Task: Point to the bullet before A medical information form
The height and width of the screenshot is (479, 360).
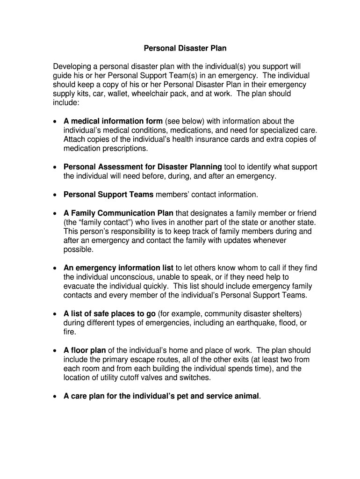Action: pyautogui.click(x=55, y=122)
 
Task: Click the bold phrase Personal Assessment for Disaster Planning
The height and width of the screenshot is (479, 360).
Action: pyautogui.click(x=143, y=167)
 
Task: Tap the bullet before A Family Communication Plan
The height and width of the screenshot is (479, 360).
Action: pyautogui.click(x=55, y=213)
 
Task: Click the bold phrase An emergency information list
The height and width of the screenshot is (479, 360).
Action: pyautogui.click(x=118, y=268)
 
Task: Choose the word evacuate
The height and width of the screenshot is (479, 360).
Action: pyautogui.click(x=79, y=286)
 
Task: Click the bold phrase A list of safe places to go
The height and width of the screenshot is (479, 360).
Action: pyautogui.click(x=110, y=313)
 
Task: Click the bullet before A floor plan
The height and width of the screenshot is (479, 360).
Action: pyautogui.click(x=55, y=351)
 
